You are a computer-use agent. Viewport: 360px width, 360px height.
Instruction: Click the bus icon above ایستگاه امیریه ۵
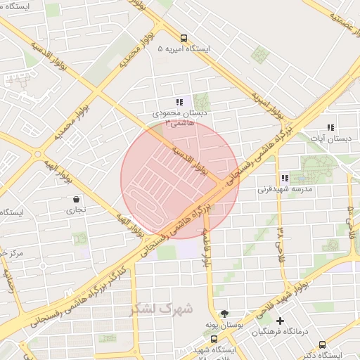(x=184, y=39)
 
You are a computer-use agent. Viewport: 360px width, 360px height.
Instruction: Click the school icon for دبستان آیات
(x=330, y=128)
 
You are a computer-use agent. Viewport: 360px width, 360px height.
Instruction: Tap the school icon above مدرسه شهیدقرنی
(x=285, y=179)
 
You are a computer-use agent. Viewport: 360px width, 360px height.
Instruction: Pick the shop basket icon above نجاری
(x=75, y=199)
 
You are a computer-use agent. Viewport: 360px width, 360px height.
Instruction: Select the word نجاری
(x=75, y=210)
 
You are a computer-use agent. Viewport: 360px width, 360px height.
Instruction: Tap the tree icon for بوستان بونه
(x=224, y=314)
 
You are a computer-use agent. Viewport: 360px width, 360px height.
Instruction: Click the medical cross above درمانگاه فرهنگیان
(x=280, y=321)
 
